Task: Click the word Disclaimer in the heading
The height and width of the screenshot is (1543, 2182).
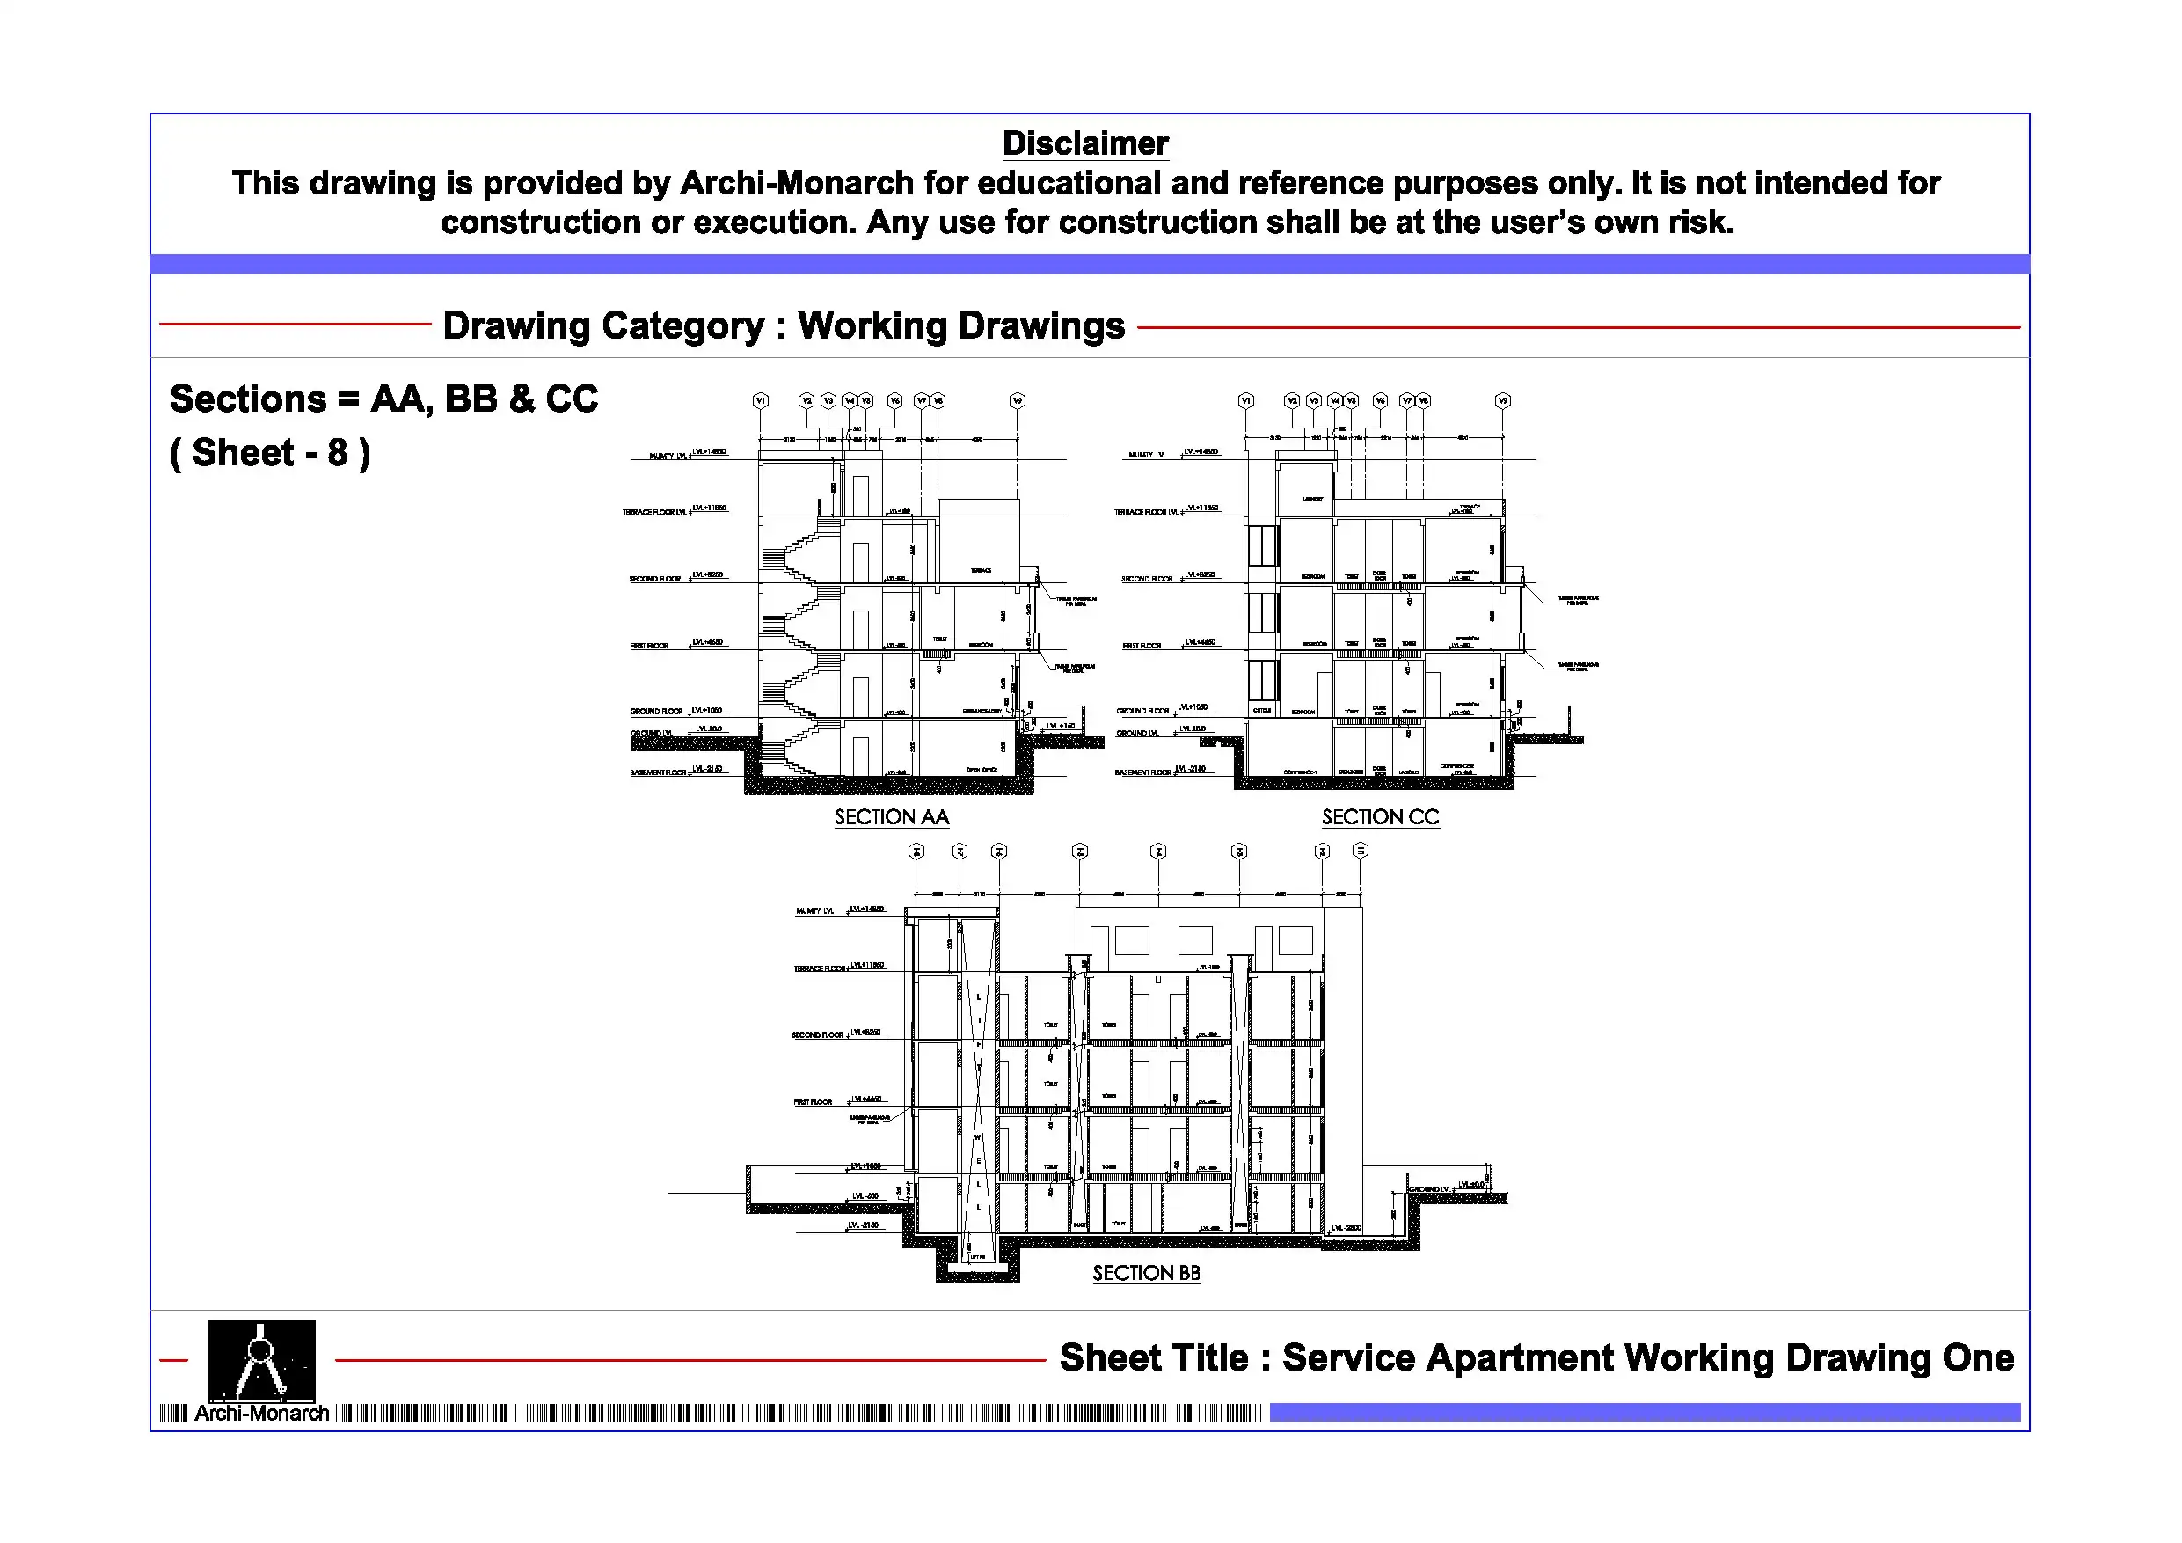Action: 1084,143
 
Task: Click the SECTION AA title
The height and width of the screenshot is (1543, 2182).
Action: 892,817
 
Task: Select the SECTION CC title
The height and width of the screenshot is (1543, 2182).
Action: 1380,817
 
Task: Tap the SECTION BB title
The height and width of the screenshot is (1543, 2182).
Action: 1146,1273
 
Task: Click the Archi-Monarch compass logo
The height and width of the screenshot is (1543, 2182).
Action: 261,1361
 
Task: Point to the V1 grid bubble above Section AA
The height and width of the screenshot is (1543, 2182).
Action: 760,401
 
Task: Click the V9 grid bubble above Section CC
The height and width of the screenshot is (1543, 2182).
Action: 1502,401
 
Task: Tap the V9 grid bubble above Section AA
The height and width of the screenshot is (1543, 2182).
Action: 1017,401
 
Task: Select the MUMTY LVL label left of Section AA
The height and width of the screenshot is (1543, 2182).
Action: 668,457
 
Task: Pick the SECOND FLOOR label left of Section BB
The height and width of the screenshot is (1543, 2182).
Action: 817,1035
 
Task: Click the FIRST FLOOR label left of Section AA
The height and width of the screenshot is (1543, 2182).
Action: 649,646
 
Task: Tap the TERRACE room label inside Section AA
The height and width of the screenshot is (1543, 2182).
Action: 981,570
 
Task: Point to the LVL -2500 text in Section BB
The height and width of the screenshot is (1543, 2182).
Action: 1346,1227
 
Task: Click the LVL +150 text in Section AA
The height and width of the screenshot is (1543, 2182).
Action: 1061,727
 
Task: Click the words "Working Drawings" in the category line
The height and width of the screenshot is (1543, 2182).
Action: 960,325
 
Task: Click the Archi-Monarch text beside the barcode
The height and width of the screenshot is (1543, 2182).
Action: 261,1414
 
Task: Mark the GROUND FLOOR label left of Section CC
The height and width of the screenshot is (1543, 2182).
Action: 1142,711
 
